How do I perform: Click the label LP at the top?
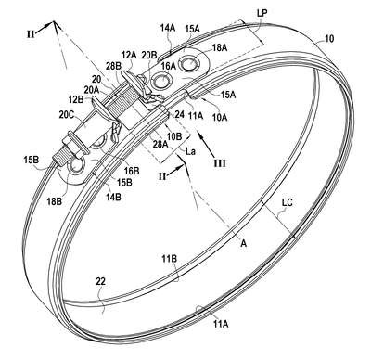pyautogui.click(x=262, y=12)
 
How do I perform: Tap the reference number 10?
pyautogui.click(x=329, y=39)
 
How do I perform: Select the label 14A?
pyautogui.click(x=168, y=28)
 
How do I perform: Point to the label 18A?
pyautogui.click(x=220, y=47)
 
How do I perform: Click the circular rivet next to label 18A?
pyautogui.click(x=189, y=64)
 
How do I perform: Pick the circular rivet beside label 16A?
pyautogui.click(x=161, y=81)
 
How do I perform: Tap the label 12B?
pyautogui.click(x=76, y=100)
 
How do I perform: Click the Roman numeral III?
pyautogui.click(x=220, y=163)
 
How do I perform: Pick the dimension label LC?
pyautogui.click(x=287, y=202)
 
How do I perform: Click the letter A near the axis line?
pyautogui.click(x=244, y=244)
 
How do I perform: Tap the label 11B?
pyautogui.click(x=170, y=259)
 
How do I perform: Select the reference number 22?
pyautogui.click(x=100, y=281)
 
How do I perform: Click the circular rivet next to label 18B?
pyautogui.click(x=75, y=166)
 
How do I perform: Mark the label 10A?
pyautogui.click(x=220, y=117)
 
